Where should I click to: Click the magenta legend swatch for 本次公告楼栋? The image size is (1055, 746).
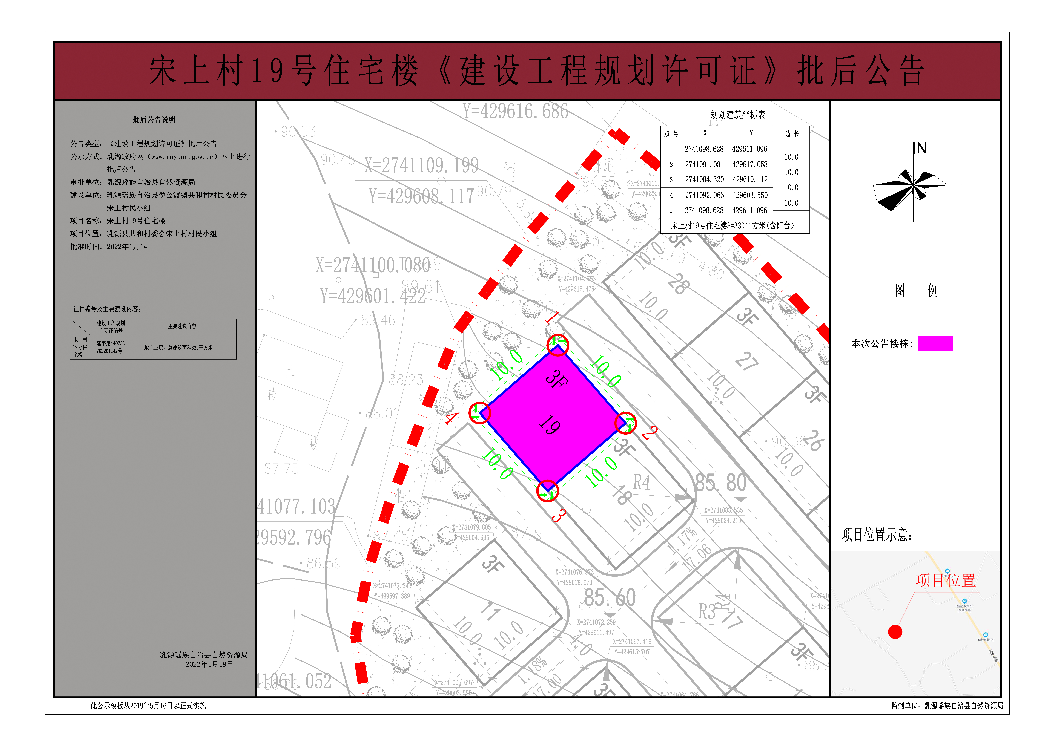[x=935, y=344]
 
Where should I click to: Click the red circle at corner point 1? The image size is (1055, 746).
[x=557, y=345]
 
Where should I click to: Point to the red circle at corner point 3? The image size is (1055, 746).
[x=547, y=491]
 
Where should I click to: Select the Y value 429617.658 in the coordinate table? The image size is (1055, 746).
[x=749, y=164]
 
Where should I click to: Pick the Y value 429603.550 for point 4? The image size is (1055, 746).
[x=749, y=195]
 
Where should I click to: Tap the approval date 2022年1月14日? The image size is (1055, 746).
[x=131, y=247]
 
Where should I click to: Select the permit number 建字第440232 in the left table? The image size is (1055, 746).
[x=110, y=343]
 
